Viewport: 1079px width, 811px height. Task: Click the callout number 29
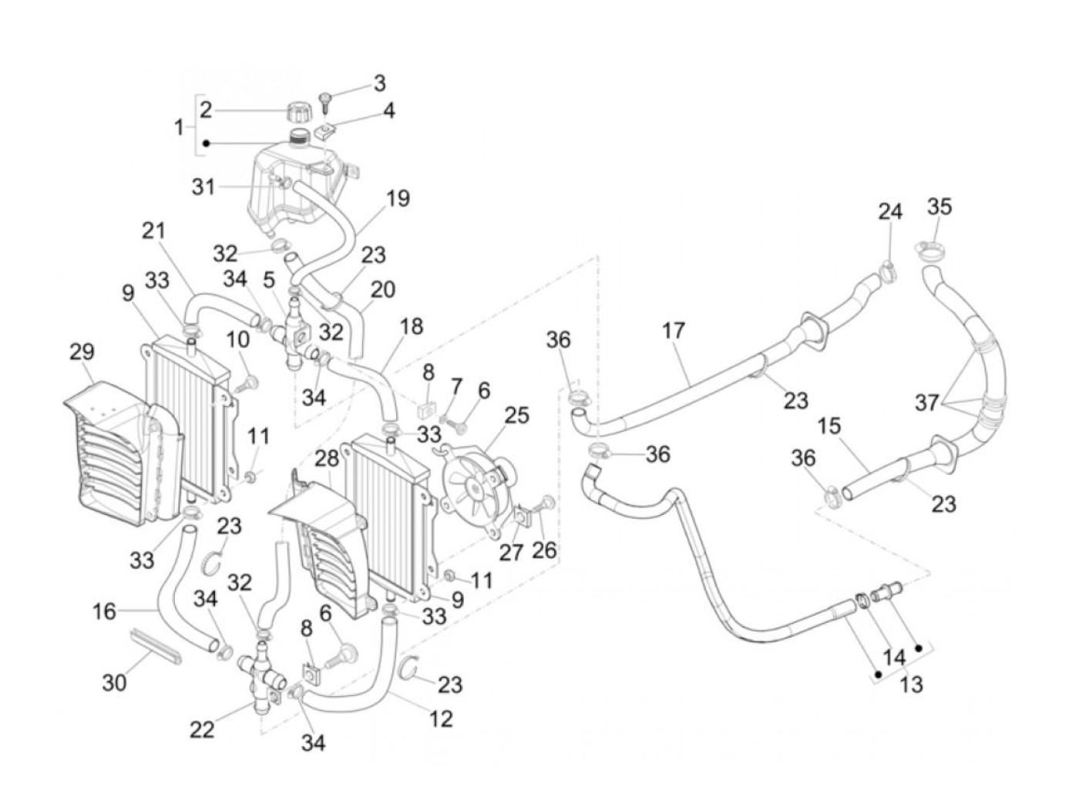tap(81, 352)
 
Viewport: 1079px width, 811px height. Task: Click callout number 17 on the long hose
tap(673, 331)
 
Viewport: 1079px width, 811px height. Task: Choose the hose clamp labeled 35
tap(929, 250)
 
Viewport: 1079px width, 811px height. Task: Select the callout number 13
tap(911, 684)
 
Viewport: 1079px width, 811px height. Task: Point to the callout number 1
tap(179, 126)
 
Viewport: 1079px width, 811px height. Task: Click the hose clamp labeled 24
tap(886, 271)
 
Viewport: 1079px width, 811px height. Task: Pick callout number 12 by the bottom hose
tap(441, 718)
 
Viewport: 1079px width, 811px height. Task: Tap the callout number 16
tap(105, 611)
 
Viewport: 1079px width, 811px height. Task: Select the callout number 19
tap(398, 199)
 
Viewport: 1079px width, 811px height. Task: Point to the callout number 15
tap(830, 426)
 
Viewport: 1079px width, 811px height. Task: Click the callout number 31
tap(203, 186)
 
